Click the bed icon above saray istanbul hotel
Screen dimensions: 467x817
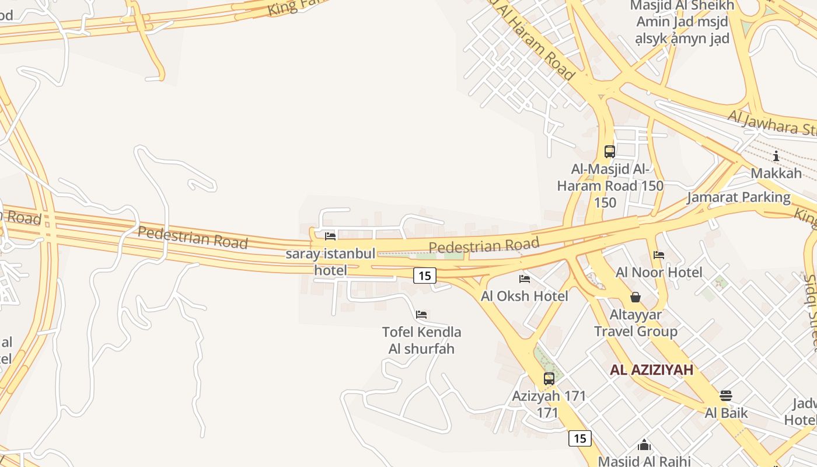pyautogui.click(x=330, y=236)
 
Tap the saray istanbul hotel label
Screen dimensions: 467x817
pyautogui.click(x=330, y=262)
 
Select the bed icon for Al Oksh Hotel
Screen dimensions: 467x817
pyautogui.click(x=525, y=279)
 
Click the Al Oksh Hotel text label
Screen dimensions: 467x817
pyautogui.click(x=525, y=296)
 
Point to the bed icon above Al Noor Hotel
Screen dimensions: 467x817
pyautogui.click(x=659, y=255)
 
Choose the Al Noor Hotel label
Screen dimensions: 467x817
pyautogui.click(x=659, y=272)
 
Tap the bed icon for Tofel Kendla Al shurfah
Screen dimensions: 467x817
pyautogui.click(x=421, y=315)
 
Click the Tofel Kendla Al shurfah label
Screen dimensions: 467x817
pyautogui.click(x=421, y=340)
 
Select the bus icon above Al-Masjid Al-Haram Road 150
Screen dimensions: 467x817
pyautogui.click(x=610, y=152)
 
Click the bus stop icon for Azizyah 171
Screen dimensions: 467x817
pyautogui.click(x=549, y=378)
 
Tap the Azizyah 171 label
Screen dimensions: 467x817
pyautogui.click(x=549, y=403)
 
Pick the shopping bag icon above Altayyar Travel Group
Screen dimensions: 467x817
pyautogui.click(x=636, y=297)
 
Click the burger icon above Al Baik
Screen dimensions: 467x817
pyautogui.click(x=726, y=396)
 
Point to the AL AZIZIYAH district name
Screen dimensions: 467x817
pyautogui.click(x=652, y=370)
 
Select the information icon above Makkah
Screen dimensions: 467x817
pyautogui.click(x=776, y=156)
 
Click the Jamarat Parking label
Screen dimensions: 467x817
pyautogui.click(x=738, y=197)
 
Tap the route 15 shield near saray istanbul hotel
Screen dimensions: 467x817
pyautogui.click(x=425, y=276)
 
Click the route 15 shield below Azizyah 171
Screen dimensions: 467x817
pyautogui.click(x=579, y=438)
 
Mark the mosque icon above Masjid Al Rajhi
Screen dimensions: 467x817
pyautogui.click(x=644, y=445)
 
